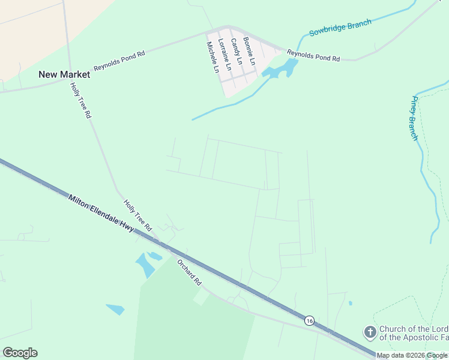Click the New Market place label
64,74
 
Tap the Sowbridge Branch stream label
340,28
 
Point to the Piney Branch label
414,118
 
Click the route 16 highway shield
309,320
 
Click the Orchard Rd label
188,272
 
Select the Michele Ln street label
212,57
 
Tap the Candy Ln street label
236,51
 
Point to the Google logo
20,353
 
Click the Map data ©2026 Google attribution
412,356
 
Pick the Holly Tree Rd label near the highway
137,215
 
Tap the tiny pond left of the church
350,303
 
